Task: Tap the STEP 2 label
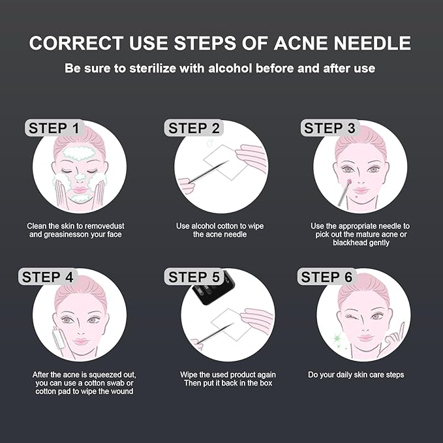pyautogui.click(x=194, y=128)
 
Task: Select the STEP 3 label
pyautogui.click(x=329, y=128)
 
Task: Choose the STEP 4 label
pyautogui.click(x=48, y=277)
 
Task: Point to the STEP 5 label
pyautogui.click(x=194, y=277)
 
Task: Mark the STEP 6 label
pyautogui.click(x=326, y=277)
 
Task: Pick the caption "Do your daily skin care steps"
pyautogui.click(x=356, y=374)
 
